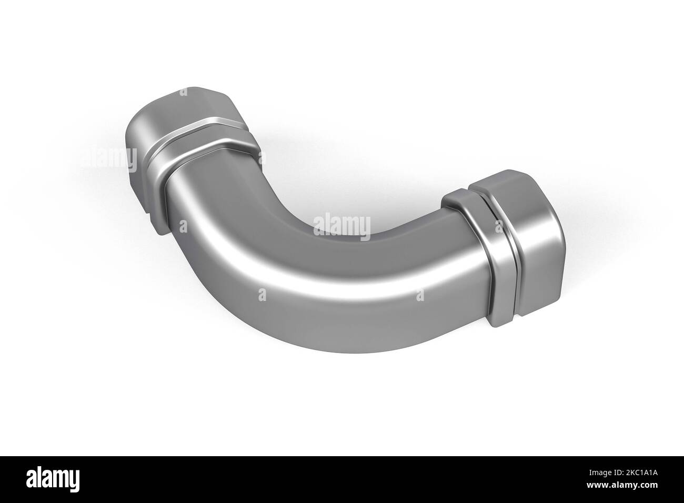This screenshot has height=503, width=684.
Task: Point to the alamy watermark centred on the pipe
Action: [x=342, y=226]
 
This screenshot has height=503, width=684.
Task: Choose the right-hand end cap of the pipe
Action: [x=531, y=226]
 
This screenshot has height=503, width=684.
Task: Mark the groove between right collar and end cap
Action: [x=495, y=232]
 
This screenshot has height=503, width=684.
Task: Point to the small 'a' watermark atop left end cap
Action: [x=183, y=92]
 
